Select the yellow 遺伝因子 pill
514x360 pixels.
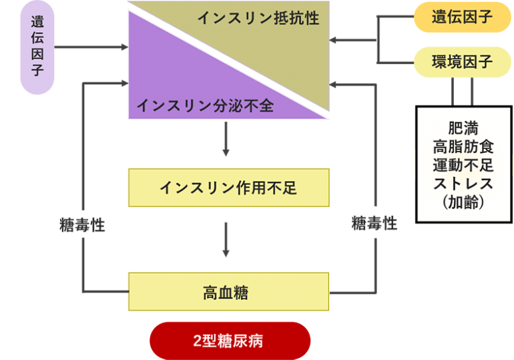463,17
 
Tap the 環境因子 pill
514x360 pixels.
463,62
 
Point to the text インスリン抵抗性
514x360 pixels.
258,18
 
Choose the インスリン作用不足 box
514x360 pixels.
228,188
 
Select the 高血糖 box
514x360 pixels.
228,292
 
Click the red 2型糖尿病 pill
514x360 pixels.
230,341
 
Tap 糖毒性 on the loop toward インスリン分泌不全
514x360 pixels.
82,225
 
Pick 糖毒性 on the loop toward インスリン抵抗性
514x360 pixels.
374,224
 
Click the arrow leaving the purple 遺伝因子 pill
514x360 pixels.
90,47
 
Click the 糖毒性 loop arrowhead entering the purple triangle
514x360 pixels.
122,84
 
